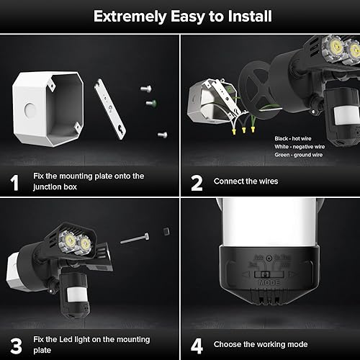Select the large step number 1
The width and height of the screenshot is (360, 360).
pos(14,182)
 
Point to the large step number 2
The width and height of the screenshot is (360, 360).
pos(196,182)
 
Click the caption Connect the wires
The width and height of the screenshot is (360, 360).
pos(246,181)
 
